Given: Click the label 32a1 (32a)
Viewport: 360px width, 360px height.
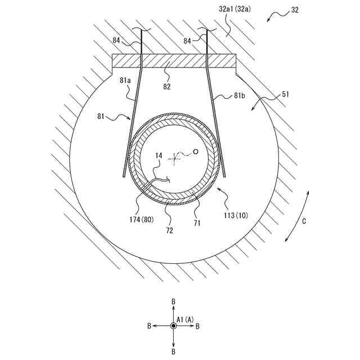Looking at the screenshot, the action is click(x=235, y=10).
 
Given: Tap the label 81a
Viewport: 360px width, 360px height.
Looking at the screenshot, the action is click(x=125, y=81).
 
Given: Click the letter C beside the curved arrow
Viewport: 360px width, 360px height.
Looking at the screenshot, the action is click(x=304, y=221).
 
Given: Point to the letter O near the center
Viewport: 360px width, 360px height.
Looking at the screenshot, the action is click(x=196, y=151).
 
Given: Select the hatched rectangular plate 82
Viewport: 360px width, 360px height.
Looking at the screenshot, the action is click(x=173, y=60).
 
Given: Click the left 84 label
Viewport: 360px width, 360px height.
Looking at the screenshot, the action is click(x=116, y=40).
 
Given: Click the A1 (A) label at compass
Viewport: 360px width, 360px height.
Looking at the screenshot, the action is click(x=185, y=319).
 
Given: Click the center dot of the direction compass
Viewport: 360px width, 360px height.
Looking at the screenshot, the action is click(x=173, y=326).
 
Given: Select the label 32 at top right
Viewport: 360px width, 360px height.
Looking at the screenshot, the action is click(x=295, y=10).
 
